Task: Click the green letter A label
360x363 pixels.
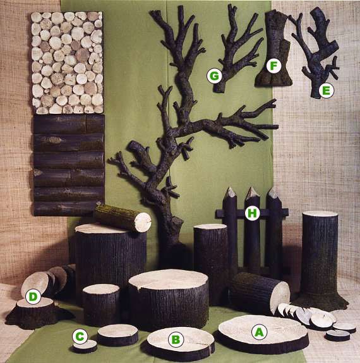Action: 259,332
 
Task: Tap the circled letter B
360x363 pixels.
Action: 176,340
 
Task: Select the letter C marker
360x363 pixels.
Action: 80,336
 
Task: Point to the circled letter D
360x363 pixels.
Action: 33,297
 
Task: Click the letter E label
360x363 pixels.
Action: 327,90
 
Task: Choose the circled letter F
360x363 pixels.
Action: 273,66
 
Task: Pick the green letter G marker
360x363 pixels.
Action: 214,75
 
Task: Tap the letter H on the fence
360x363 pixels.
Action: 252,212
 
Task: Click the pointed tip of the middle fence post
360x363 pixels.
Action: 251,188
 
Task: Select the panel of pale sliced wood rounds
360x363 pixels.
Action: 67,63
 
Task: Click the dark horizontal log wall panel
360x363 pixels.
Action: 69,165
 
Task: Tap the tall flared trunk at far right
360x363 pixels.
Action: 320,261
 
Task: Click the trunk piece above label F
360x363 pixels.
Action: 274,49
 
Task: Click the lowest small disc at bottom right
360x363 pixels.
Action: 337,335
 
